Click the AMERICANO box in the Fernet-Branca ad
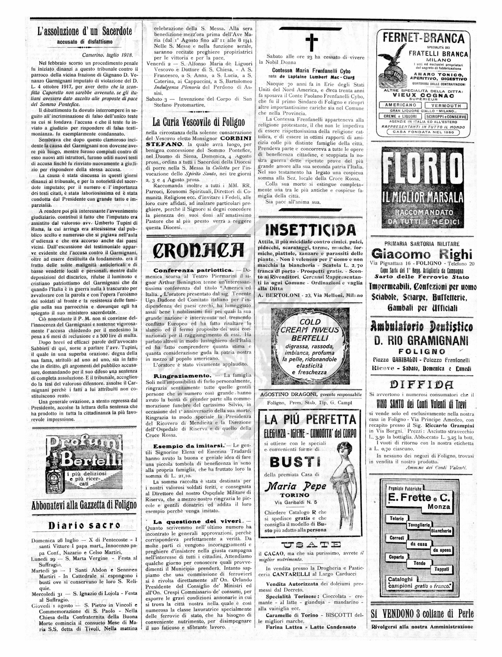(x=400, y=105)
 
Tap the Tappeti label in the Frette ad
(x=441, y=569)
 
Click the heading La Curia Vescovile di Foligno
(x=198, y=122)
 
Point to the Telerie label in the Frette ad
(x=397, y=518)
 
